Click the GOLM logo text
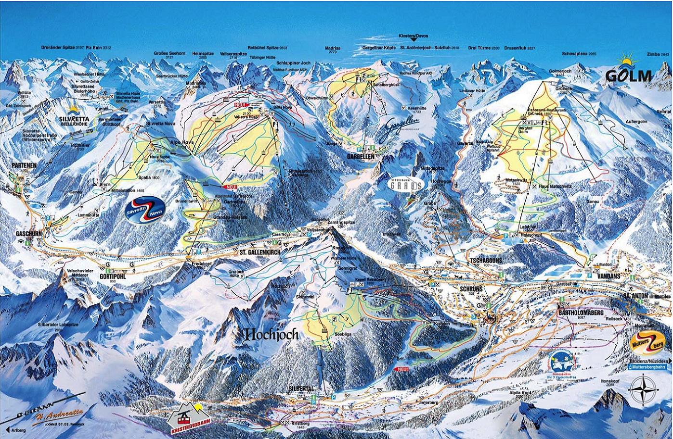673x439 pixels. pyautogui.click(x=628, y=76)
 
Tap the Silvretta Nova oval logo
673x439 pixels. pyautogui.click(x=145, y=210)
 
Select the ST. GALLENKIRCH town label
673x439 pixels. pyautogui.click(x=259, y=251)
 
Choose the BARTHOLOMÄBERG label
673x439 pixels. pyautogui.click(x=578, y=312)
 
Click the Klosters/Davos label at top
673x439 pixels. pyautogui.click(x=414, y=36)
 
